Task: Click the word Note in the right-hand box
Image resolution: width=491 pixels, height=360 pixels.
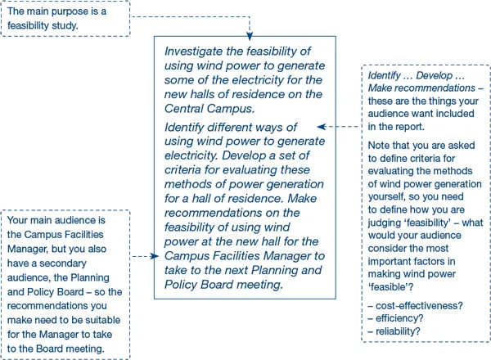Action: (x=380, y=146)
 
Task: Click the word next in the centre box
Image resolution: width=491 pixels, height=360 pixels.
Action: (x=237, y=270)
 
